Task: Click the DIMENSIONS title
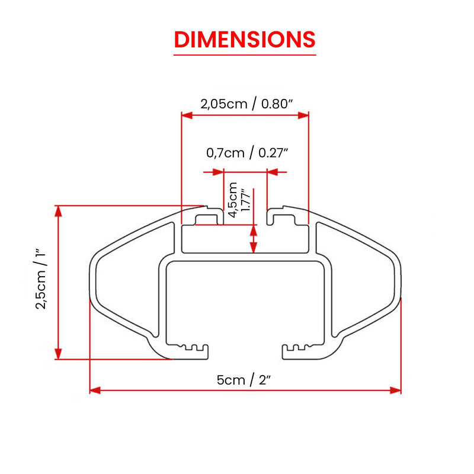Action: [x=245, y=39]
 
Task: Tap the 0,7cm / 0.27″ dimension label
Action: [x=247, y=153]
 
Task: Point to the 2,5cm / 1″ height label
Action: [x=41, y=278]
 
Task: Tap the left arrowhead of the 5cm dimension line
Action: [x=94, y=390]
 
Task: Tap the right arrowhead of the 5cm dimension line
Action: [x=397, y=390]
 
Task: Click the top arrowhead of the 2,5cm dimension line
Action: [x=58, y=210]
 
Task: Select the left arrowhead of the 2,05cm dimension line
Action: [x=185, y=115]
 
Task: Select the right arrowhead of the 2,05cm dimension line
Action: [x=305, y=115]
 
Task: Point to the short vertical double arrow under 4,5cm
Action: [x=254, y=239]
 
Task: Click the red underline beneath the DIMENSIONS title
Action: [x=245, y=55]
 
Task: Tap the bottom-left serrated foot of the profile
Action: [x=190, y=350]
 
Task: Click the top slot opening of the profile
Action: [x=245, y=217]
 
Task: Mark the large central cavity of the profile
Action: [x=245, y=302]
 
